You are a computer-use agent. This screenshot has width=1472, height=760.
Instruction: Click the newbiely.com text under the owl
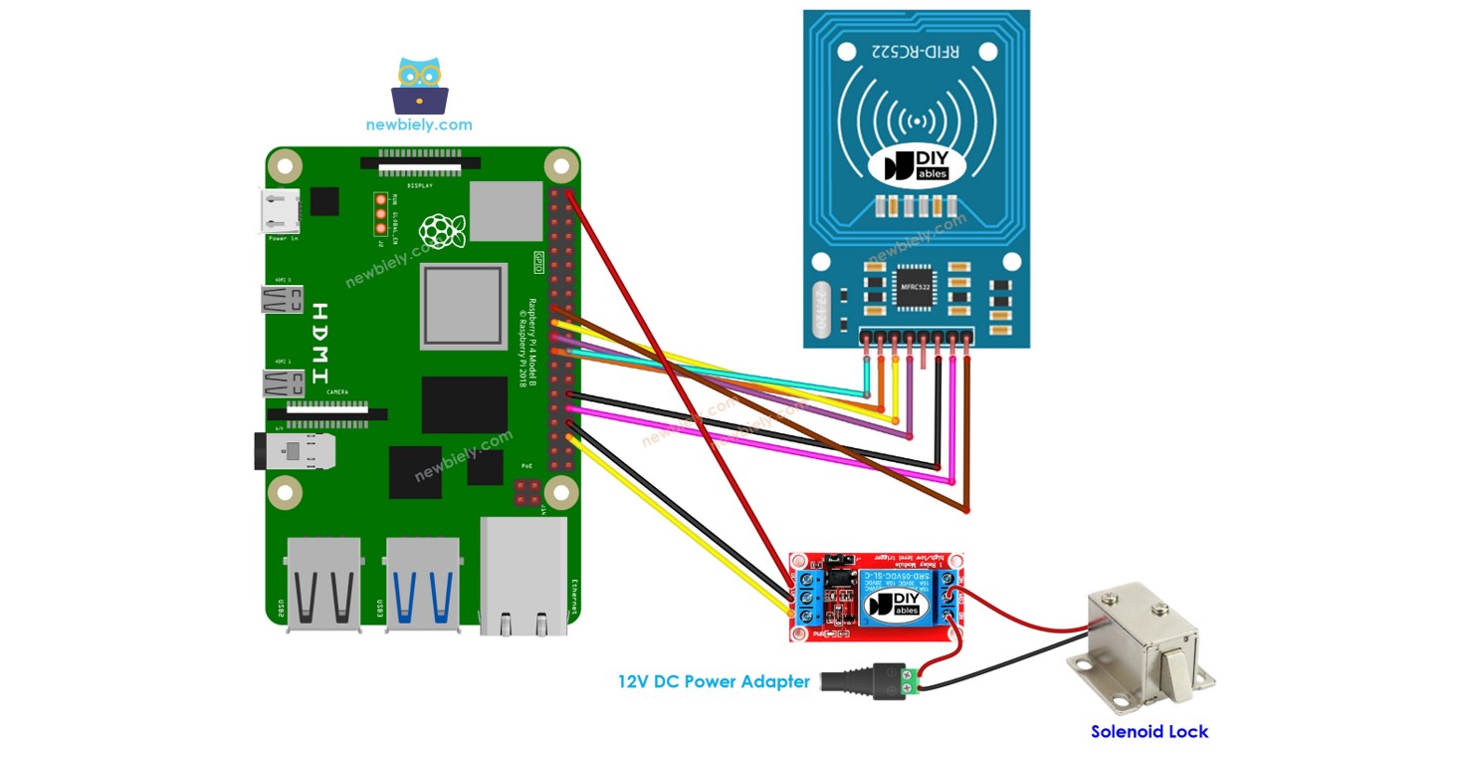(x=419, y=126)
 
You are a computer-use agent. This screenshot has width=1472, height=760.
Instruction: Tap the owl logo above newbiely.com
(x=420, y=86)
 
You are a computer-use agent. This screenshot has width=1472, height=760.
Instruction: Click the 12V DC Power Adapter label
(x=714, y=682)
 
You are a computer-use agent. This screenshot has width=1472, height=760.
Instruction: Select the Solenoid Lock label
(x=1149, y=731)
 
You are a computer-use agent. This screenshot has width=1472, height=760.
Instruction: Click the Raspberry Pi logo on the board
(x=442, y=231)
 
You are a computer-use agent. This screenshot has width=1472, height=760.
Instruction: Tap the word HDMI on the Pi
(x=319, y=344)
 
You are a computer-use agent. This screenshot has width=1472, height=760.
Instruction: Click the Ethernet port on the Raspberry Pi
(x=524, y=578)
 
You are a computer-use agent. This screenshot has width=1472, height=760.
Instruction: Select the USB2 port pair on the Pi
(x=324, y=585)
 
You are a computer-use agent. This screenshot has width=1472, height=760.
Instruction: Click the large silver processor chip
(x=462, y=306)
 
